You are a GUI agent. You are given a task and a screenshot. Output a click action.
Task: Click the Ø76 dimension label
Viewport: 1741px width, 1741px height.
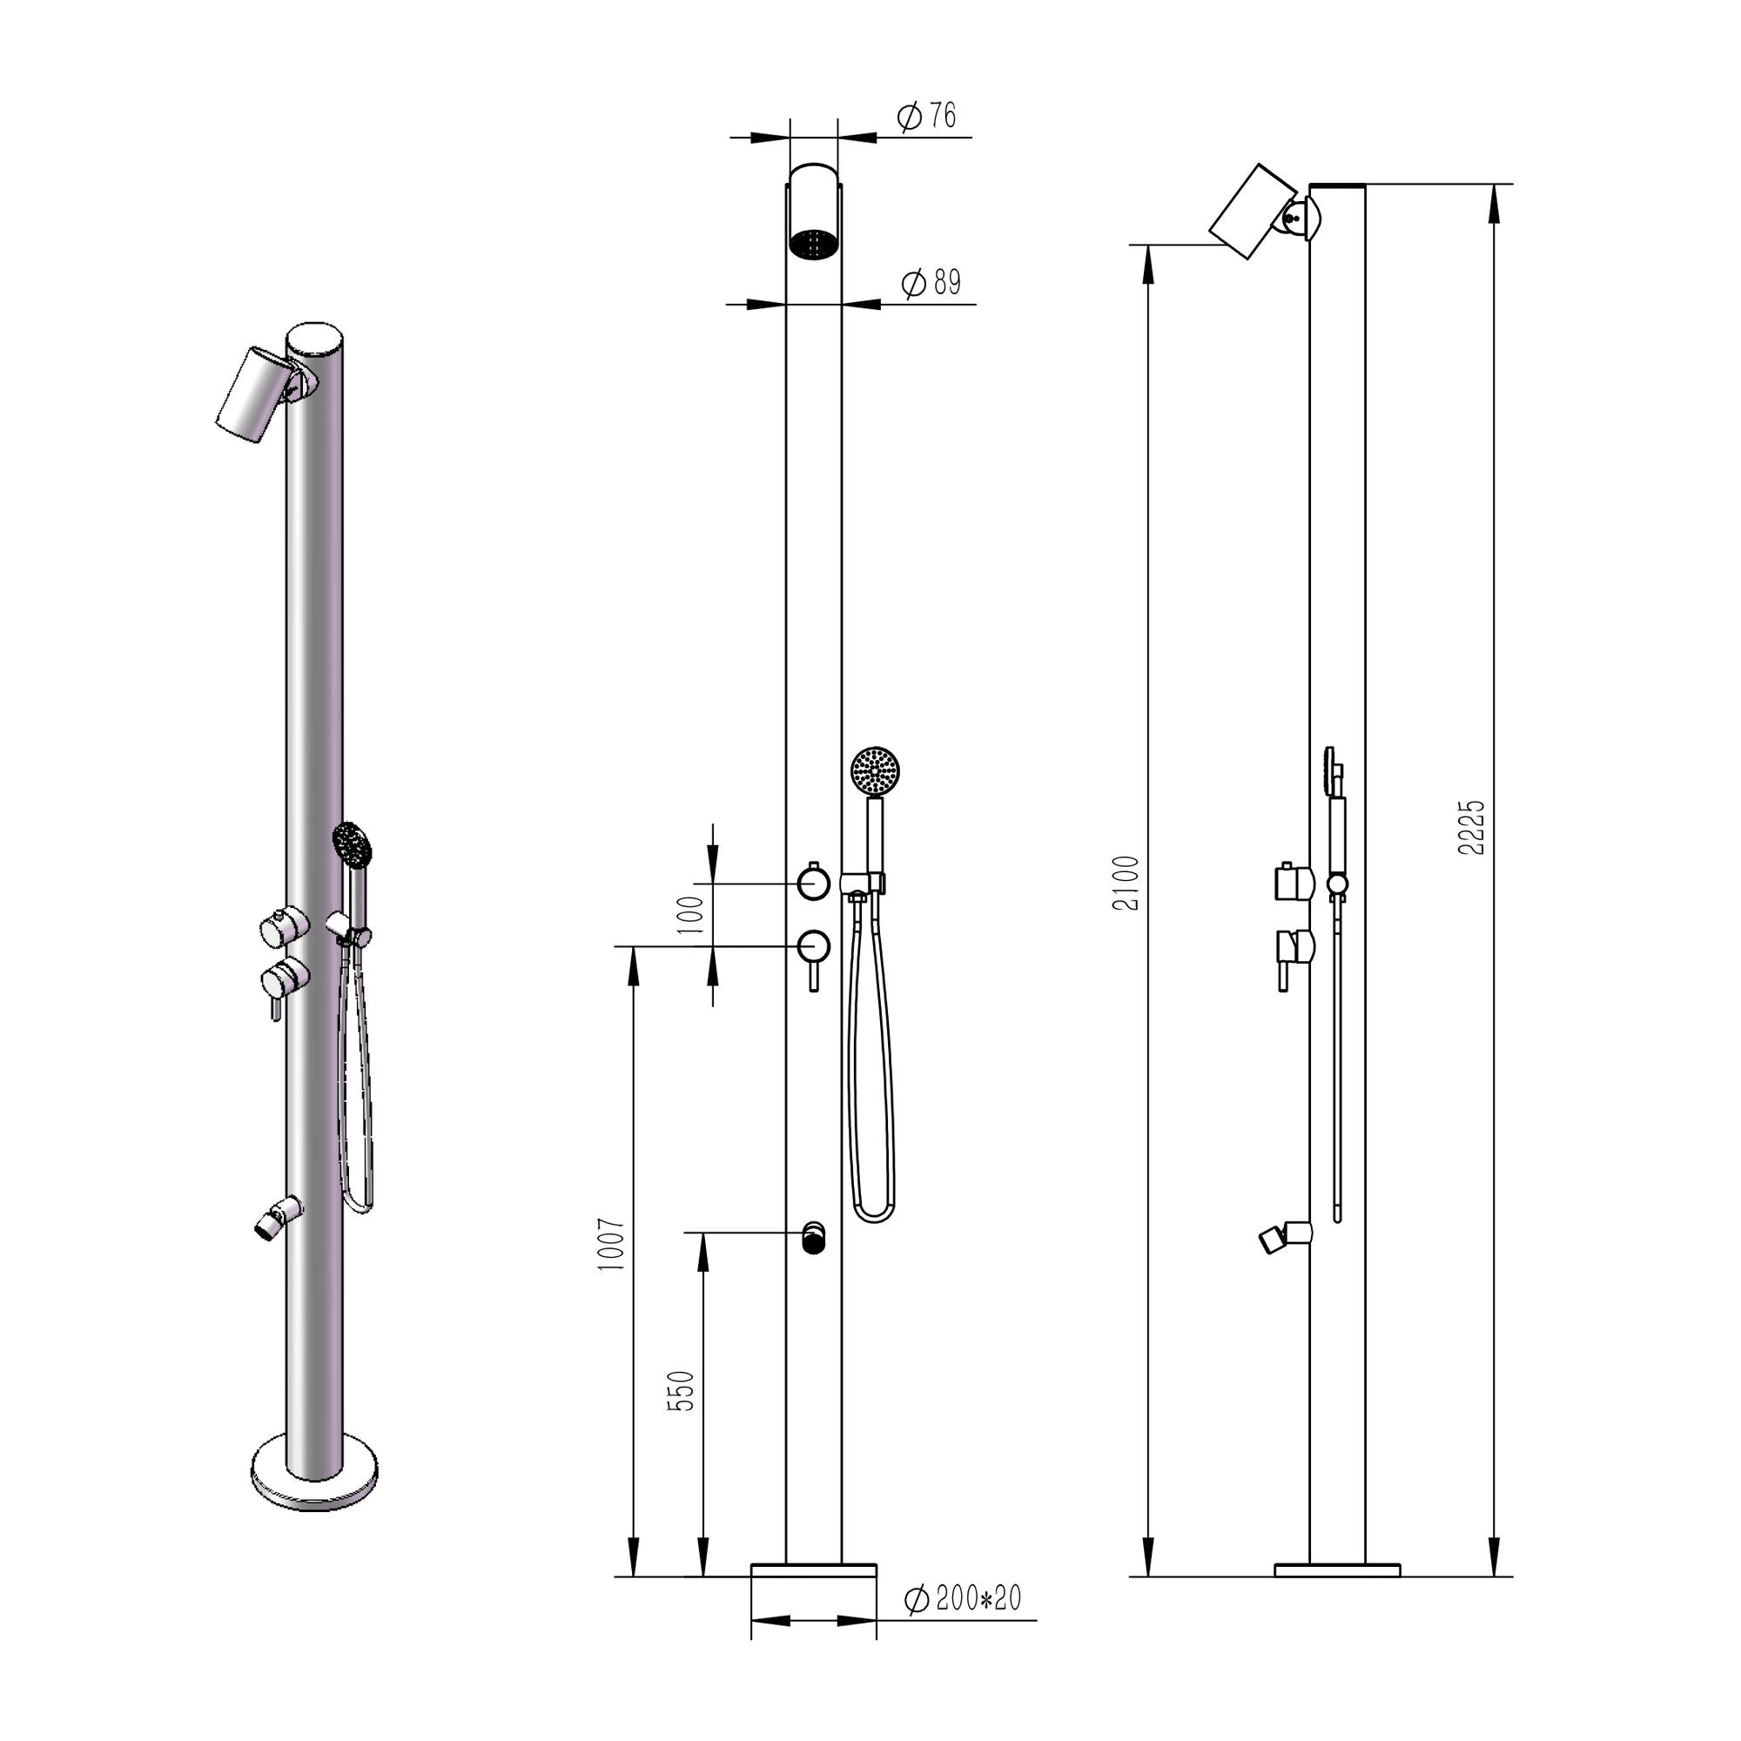[x=926, y=117]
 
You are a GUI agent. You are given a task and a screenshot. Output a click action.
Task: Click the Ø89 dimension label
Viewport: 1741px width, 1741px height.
[x=931, y=283]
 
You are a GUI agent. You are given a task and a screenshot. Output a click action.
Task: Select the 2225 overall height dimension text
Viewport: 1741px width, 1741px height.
[x=1470, y=827]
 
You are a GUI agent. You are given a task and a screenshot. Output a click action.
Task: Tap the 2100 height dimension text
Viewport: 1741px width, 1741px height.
[x=1126, y=883]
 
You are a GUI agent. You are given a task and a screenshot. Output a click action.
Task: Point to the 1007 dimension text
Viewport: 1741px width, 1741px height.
[x=612, y=1245]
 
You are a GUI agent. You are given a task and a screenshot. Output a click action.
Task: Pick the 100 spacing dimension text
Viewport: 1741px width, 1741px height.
[x=689, y=915]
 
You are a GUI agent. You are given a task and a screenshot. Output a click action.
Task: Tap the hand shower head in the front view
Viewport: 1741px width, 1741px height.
[x=875, y=770]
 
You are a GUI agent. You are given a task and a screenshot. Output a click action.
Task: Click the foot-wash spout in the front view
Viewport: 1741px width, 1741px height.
[x=813, y=1237]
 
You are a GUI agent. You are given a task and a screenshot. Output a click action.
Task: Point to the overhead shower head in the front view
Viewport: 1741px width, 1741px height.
[x=814, y=212]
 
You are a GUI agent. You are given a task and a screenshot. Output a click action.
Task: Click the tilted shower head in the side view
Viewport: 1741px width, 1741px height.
[x=1252, y=211]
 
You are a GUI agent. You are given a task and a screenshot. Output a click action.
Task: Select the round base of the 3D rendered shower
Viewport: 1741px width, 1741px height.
[x=313, y=1485]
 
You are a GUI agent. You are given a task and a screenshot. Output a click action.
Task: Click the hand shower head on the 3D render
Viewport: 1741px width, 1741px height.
[x=352, y=844]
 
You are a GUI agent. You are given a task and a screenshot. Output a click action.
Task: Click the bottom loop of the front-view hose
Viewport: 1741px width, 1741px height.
[x=872, y=1214]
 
